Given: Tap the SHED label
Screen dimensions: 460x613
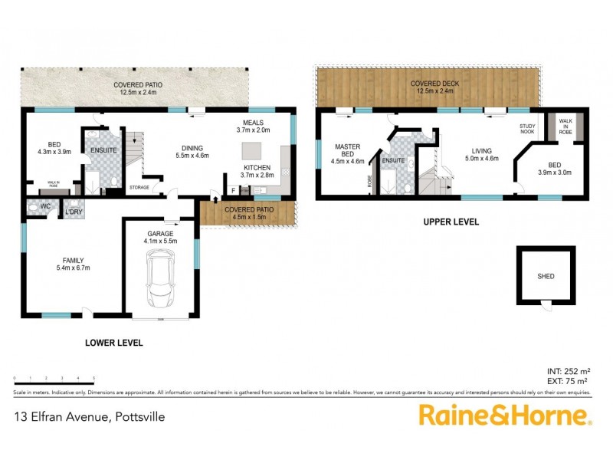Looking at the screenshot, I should pos(545,277).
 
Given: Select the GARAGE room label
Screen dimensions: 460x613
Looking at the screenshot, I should pos(160,233).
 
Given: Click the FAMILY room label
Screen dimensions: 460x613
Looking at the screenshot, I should pos(69,260).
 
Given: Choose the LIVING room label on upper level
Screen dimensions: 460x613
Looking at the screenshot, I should pos(481,151).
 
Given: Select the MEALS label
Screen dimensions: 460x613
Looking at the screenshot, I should pos(254,123).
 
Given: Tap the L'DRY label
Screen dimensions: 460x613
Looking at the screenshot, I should pos(74,212).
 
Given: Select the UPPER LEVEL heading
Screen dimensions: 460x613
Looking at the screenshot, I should pos(451,222).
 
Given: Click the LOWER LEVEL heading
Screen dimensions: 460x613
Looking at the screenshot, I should pos(113,343).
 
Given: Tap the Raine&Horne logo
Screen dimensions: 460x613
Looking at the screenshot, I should pos(504,416).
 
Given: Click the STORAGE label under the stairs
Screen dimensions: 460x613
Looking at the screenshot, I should pos(139,186).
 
